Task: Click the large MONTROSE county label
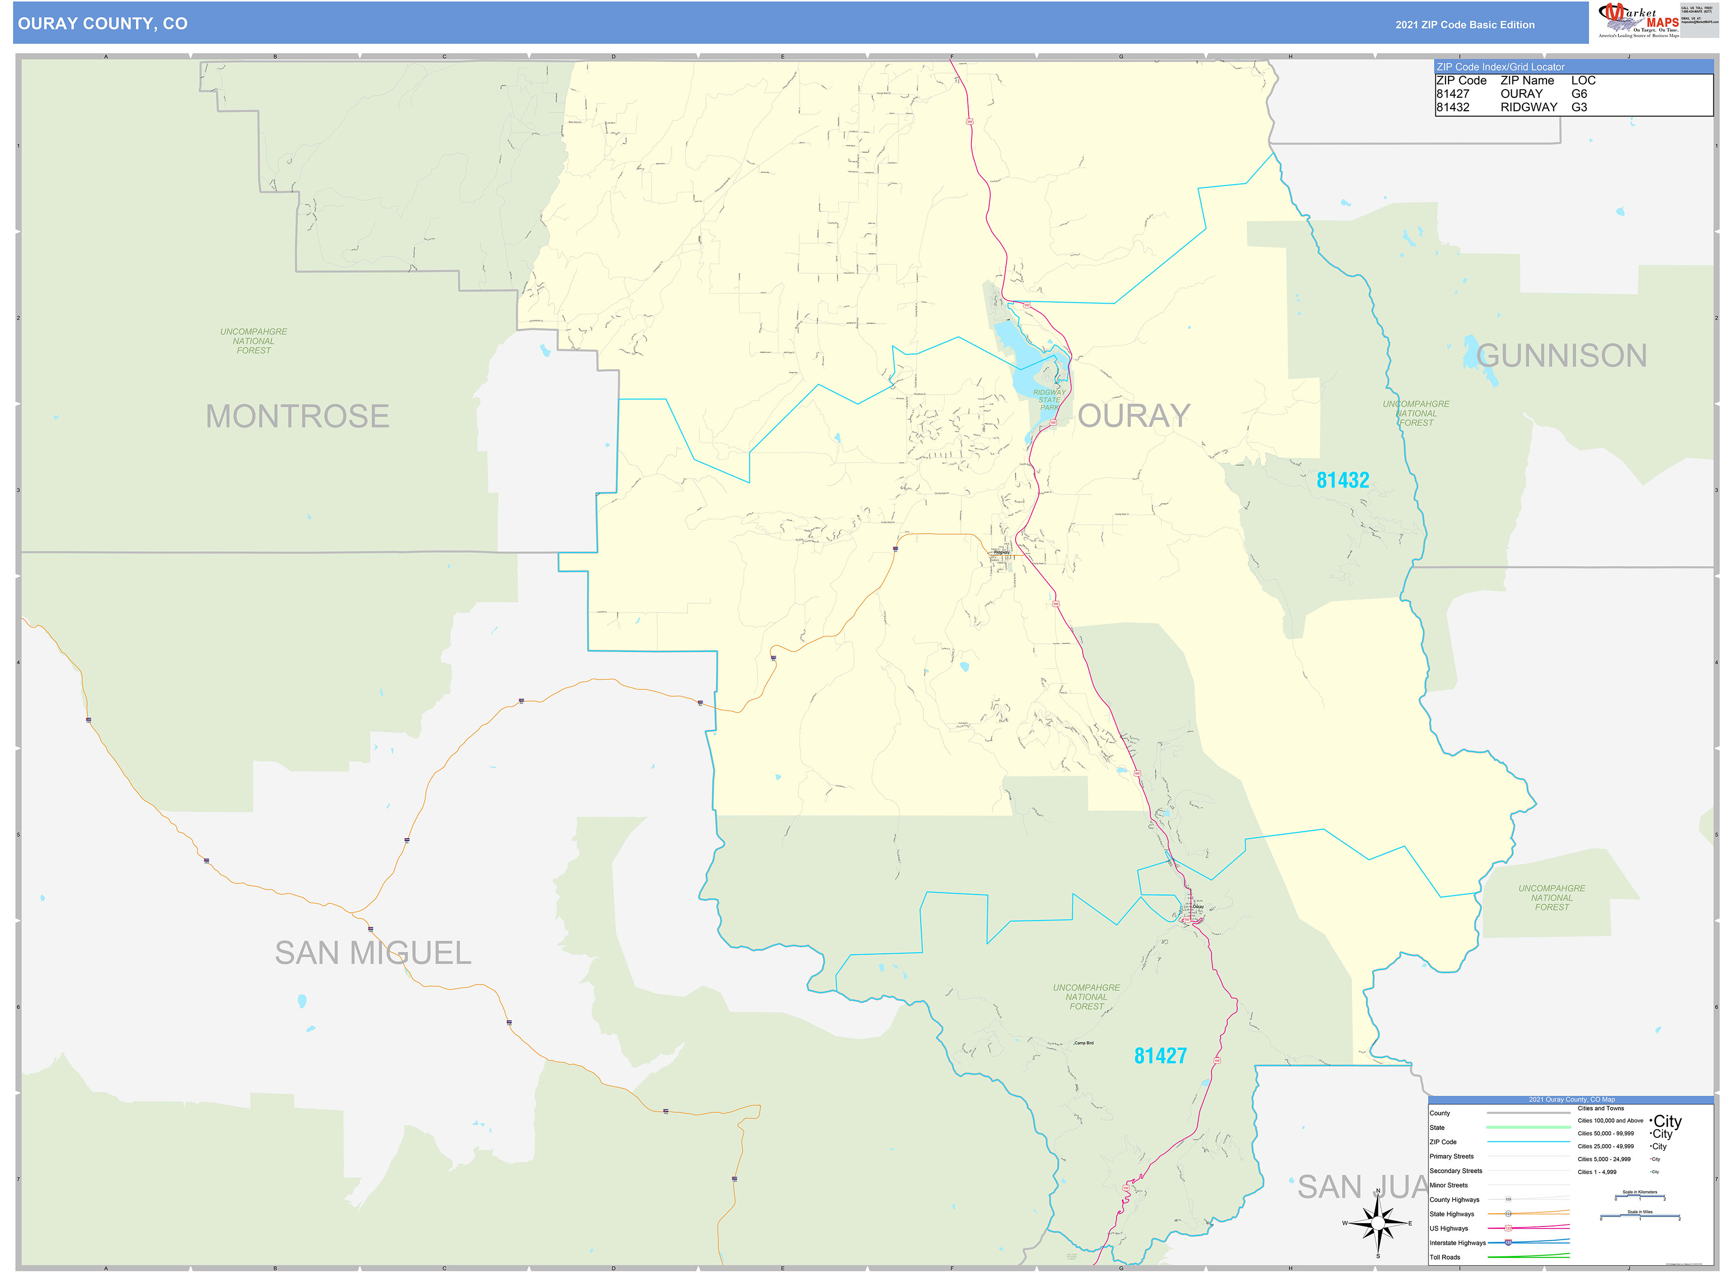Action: tap(297, 417)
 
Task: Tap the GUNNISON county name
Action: tap(1561, 356)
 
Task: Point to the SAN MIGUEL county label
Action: tap(373, 953)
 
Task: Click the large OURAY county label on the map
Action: tap(1134, 416)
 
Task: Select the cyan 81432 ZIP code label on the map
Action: tap(1343, 481)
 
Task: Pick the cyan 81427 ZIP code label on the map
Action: tap(1160, 1056)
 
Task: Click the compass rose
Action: tap(1378, 1223)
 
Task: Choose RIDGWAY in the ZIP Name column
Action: tap(1528, 108)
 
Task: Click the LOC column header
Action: tap(1583, 81)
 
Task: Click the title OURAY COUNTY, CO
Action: tap(102, 24)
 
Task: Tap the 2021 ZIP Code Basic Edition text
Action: tap(1464, 24)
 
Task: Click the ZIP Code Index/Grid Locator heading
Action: tap(1500, 67)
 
